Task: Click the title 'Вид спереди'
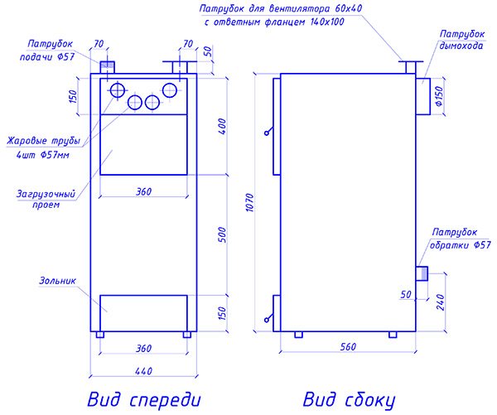tap(142, 399)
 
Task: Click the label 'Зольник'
tap(56, 281)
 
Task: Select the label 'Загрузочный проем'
tap(46, 198)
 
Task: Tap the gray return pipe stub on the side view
tap(421, 273)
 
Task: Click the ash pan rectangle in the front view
tap(142, 312)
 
